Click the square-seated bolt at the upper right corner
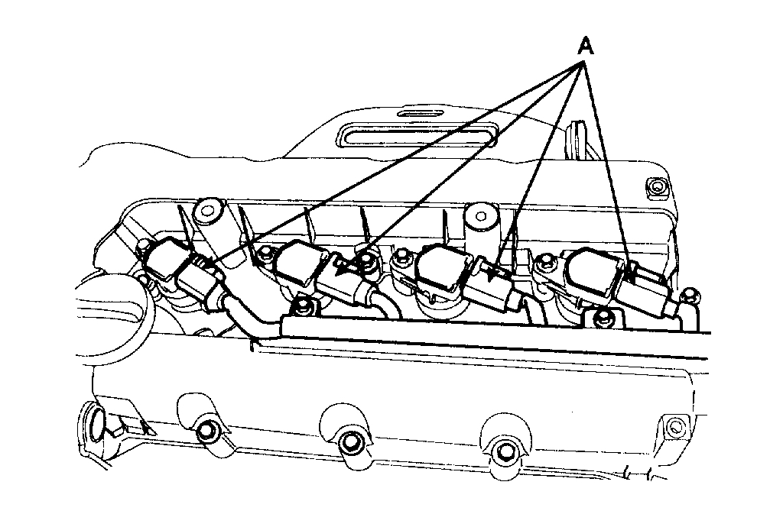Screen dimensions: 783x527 (x=655, y=186)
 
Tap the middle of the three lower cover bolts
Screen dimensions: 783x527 (x=351, y=442)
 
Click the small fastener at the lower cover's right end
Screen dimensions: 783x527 (x=673, y=425)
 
